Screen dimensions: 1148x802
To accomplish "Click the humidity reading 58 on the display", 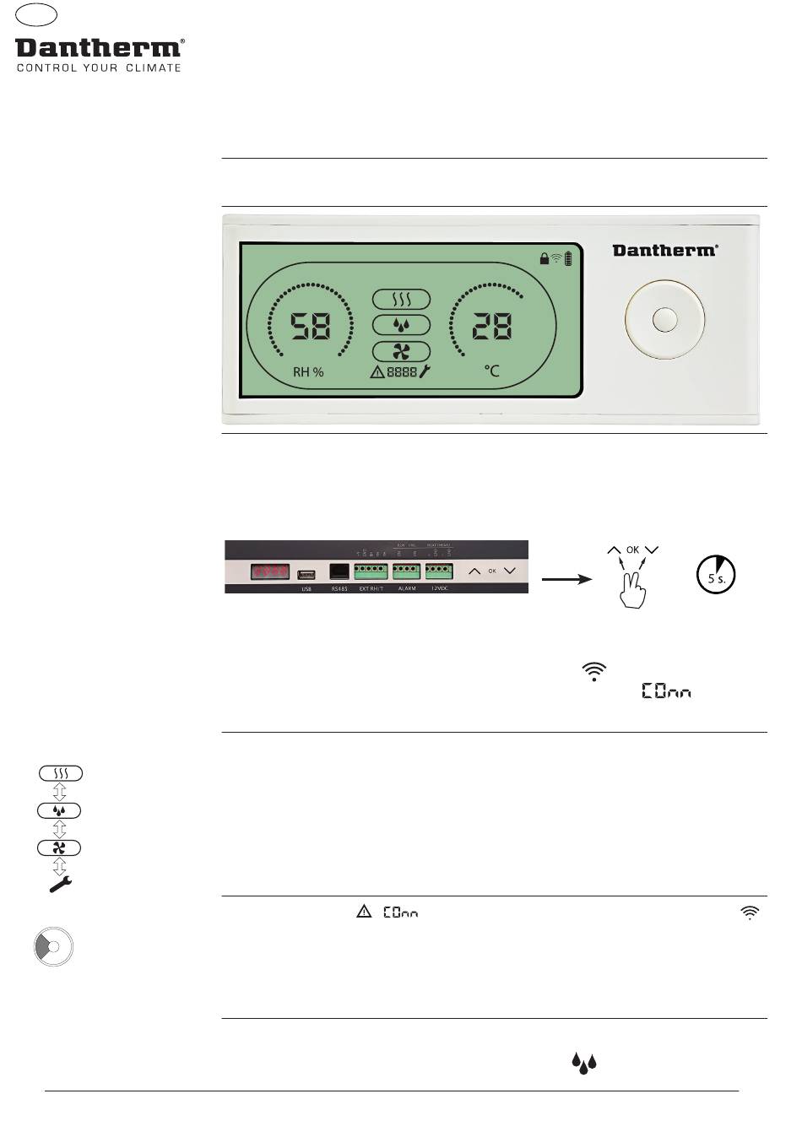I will click(311, 326).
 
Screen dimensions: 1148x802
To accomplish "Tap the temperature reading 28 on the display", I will click(491, 326).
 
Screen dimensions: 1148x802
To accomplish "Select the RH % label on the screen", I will click(308, 371).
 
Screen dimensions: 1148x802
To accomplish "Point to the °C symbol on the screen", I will click(491, 371).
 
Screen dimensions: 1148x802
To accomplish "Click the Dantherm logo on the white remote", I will click(665, 250).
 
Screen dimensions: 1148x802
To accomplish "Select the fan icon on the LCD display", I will click(402, 352).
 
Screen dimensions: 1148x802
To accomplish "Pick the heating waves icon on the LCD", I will click(402, 300).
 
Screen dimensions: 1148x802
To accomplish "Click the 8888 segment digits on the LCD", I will click(402, 371).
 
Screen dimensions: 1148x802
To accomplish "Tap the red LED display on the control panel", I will click(269, 571).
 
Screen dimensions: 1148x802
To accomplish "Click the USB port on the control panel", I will click(306, 574).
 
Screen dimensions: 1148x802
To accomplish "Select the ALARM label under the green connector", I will click(407, 588).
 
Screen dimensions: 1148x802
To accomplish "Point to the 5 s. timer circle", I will click(716, 574).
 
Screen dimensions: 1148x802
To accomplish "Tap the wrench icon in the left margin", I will click(60, 884).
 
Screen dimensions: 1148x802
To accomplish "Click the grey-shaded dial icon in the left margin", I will click(52, 947).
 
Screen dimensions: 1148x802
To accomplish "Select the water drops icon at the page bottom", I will click(584, 1063).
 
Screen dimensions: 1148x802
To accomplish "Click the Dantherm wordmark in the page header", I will click(99, 48).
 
